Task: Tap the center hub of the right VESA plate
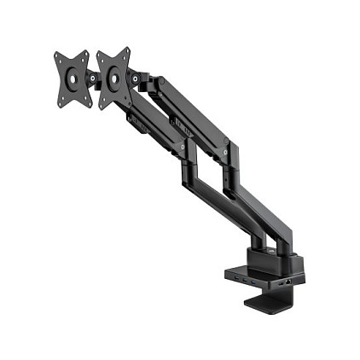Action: [x=113, y=78]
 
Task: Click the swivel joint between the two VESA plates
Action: [x=92, y=76]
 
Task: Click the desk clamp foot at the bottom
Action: [x=268, y=300]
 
